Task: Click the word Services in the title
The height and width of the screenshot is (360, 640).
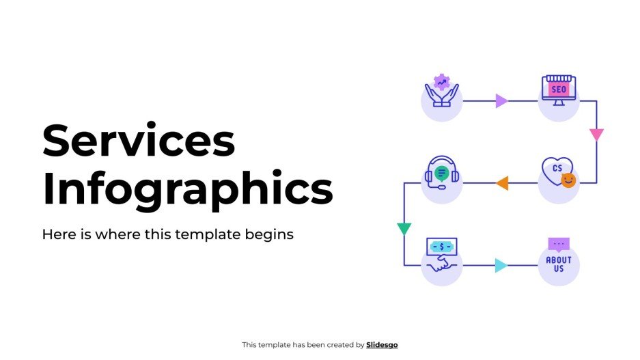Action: [139, 141]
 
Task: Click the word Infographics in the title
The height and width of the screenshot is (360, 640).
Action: [187, 189]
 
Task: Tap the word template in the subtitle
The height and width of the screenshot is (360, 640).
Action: [206, 234]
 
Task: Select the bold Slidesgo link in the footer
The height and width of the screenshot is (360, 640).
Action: [382, 345]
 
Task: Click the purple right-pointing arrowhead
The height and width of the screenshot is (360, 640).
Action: [501, 101]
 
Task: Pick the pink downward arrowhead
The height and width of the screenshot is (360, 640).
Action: [596, 134]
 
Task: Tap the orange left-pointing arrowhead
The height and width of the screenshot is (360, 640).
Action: [502, 183]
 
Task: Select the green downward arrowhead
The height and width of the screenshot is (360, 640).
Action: [404, 228]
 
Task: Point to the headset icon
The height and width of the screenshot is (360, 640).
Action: [441, 172]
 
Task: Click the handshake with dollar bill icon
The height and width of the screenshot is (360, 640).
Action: [441, 254]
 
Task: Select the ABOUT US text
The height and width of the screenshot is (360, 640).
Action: [559, 264]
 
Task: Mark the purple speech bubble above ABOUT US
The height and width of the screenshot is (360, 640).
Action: [559, 244]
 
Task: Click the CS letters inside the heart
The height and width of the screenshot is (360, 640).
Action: [557, 168]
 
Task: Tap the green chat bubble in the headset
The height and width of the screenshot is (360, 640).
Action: [442, 173]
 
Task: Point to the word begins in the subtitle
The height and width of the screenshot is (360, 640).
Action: [271, 234]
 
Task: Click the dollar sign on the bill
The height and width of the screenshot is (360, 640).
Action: [442, 246]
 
